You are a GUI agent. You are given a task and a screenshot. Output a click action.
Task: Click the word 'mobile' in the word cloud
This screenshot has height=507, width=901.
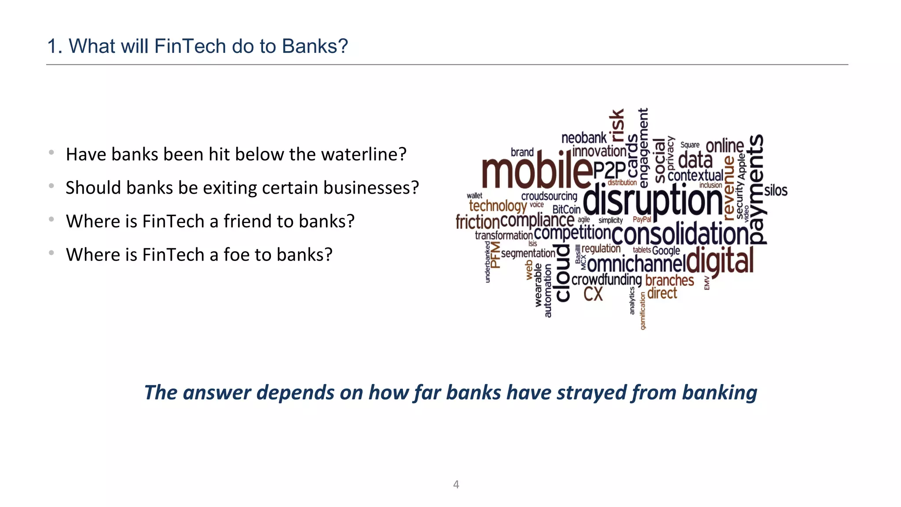coord(537,172)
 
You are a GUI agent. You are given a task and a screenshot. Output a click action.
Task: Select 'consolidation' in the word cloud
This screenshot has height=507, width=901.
coord(680,234)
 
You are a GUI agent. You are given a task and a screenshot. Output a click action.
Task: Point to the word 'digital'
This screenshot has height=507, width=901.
coord(720,261)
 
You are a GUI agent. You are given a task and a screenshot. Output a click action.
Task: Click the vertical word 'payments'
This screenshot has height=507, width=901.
coord(757,189)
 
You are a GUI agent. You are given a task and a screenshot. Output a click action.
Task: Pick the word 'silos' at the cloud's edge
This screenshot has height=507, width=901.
coord(776,191)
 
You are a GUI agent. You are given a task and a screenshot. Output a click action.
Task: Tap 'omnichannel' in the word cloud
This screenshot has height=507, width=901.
coord(636,265)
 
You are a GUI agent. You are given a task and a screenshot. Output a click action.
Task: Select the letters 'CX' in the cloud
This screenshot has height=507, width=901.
coord(593,294)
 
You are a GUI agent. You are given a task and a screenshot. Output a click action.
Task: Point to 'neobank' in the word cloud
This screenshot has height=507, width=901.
coord(584,138)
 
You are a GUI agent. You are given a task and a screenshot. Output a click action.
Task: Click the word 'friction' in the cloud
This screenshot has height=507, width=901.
coord(477,222)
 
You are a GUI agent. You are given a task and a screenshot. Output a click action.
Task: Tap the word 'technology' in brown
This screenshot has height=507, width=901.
coord(498,206)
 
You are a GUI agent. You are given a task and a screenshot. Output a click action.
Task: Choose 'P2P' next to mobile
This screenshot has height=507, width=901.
coord(609,170)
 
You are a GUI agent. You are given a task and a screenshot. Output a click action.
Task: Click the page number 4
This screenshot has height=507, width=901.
coord(456,485)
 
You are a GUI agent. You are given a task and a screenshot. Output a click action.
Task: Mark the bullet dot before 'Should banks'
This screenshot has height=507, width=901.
coord(51,186)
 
